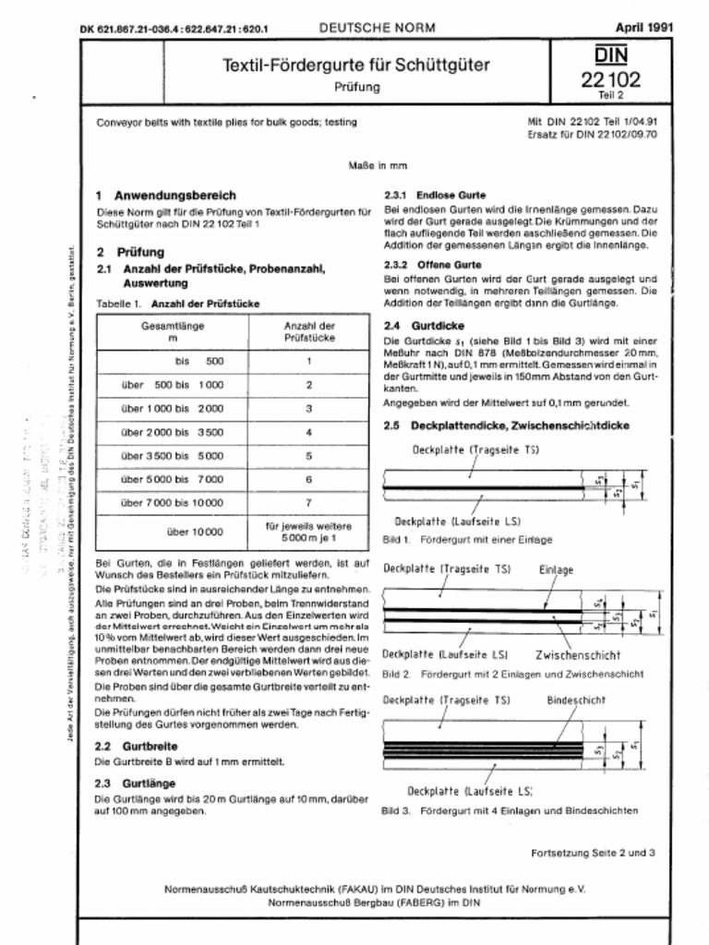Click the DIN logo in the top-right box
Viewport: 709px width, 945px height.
610,54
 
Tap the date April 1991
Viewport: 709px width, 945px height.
643,27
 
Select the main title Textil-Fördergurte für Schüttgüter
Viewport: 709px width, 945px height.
355,66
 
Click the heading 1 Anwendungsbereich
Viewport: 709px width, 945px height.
166,196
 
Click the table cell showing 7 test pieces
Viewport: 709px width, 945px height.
308,502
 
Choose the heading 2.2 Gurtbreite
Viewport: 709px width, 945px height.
137,745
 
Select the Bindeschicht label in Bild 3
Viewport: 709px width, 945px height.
575,700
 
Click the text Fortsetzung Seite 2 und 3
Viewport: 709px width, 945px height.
593,852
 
